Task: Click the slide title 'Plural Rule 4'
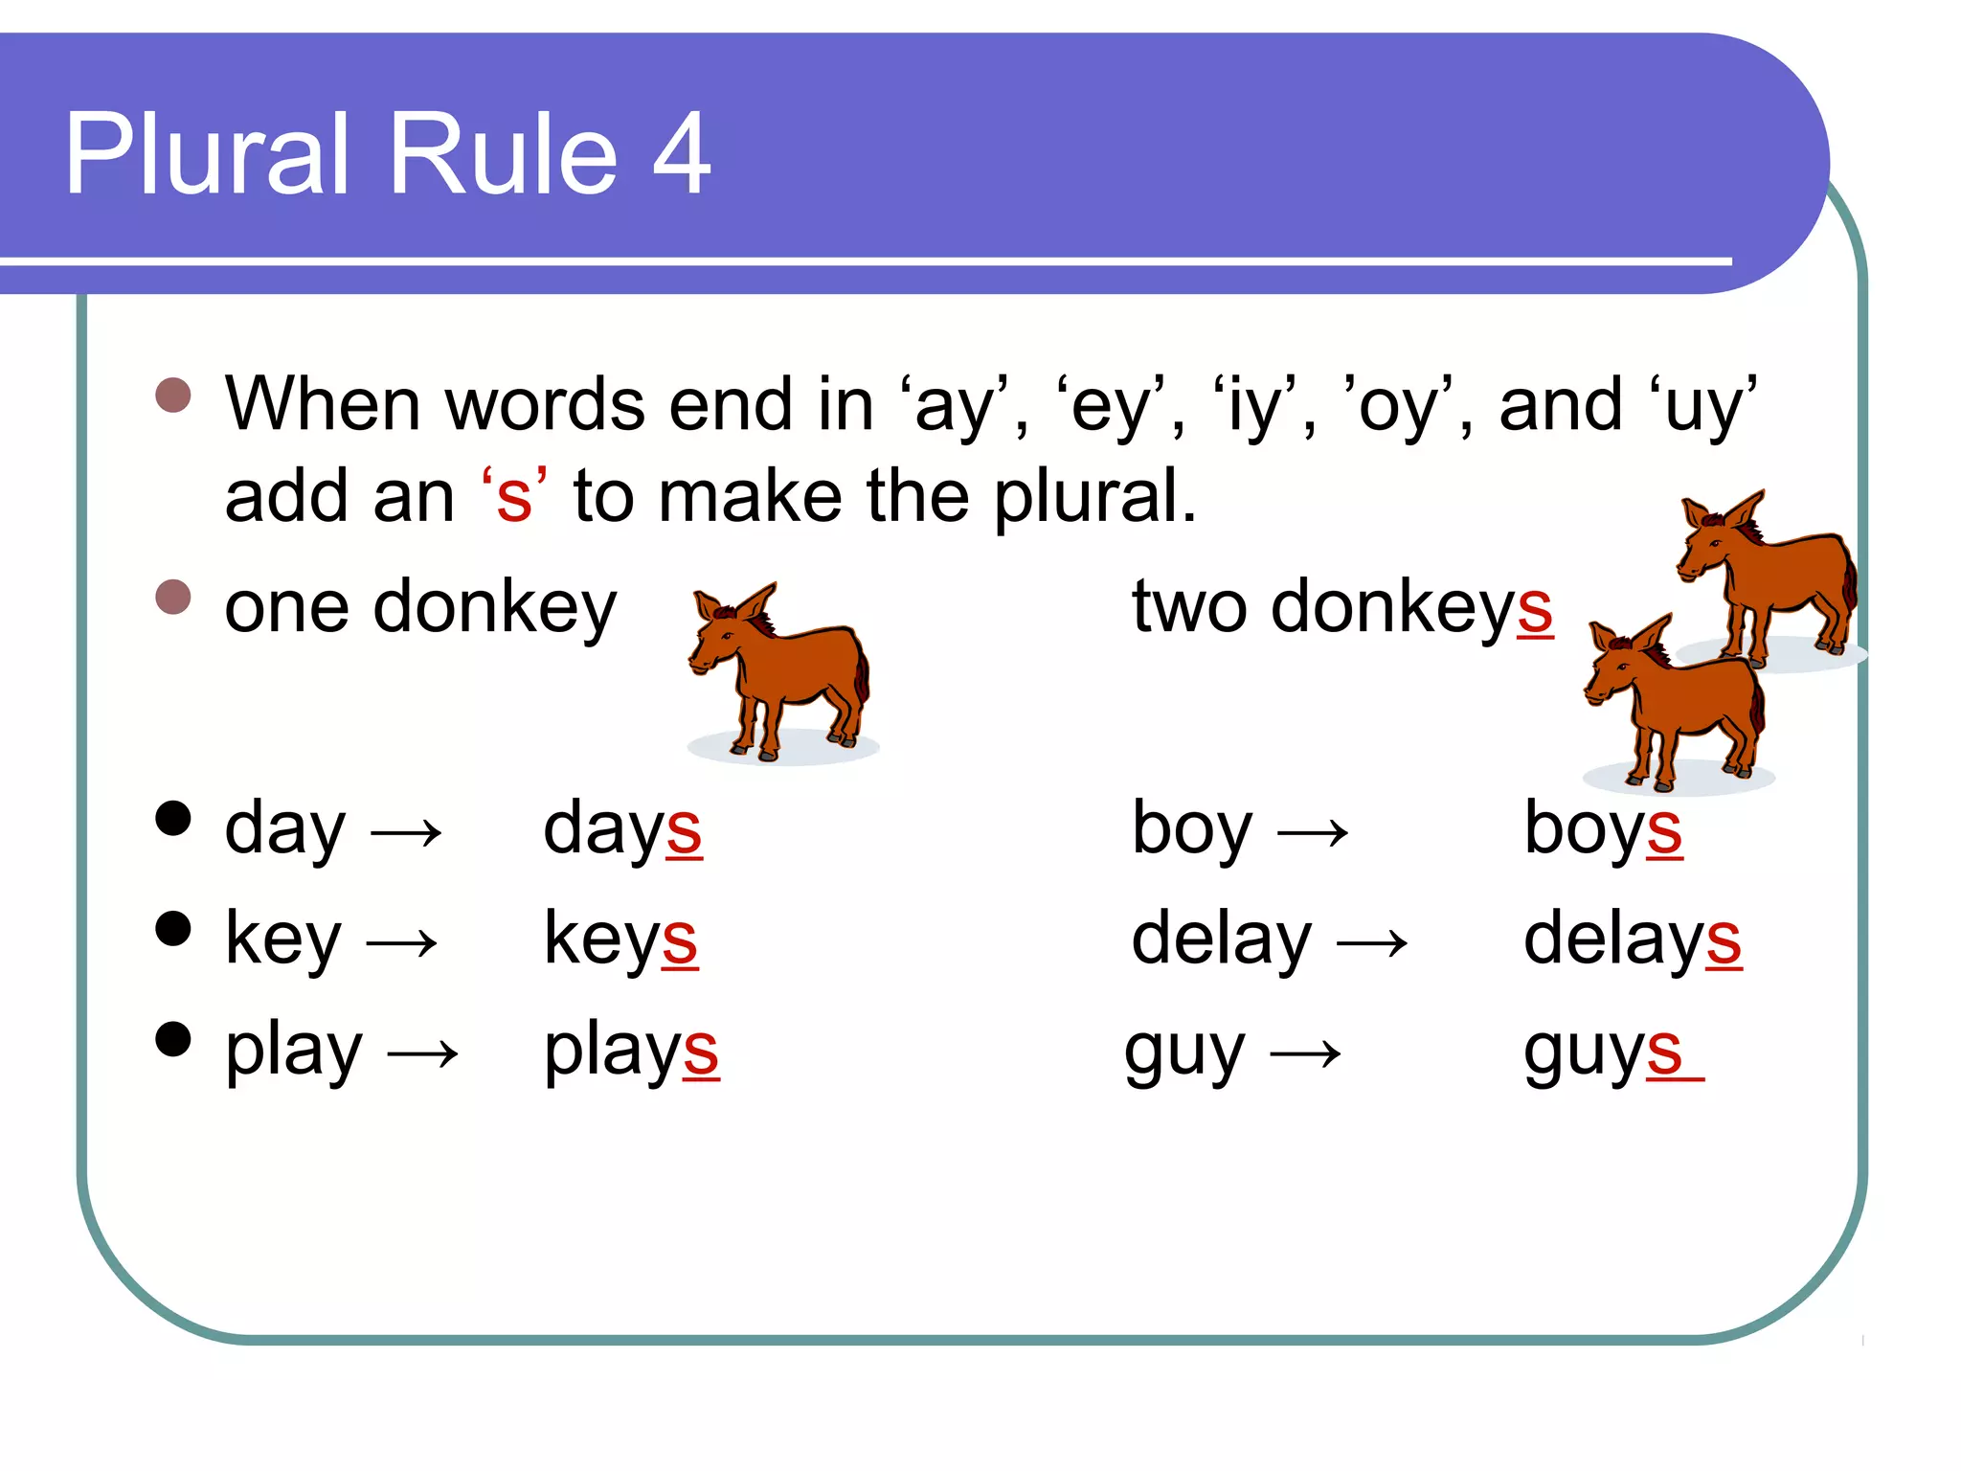[388, 155]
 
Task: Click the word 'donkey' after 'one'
[494, 609]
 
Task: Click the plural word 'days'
[622, 829]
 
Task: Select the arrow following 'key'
[402, 943]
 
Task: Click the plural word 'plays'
[631, 1052]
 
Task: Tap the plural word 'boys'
[1603, 829]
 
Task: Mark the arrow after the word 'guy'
[1305, 1054]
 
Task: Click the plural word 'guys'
[1603, 1052]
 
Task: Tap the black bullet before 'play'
[173, 1039]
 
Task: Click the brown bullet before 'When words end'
[173, 395]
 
